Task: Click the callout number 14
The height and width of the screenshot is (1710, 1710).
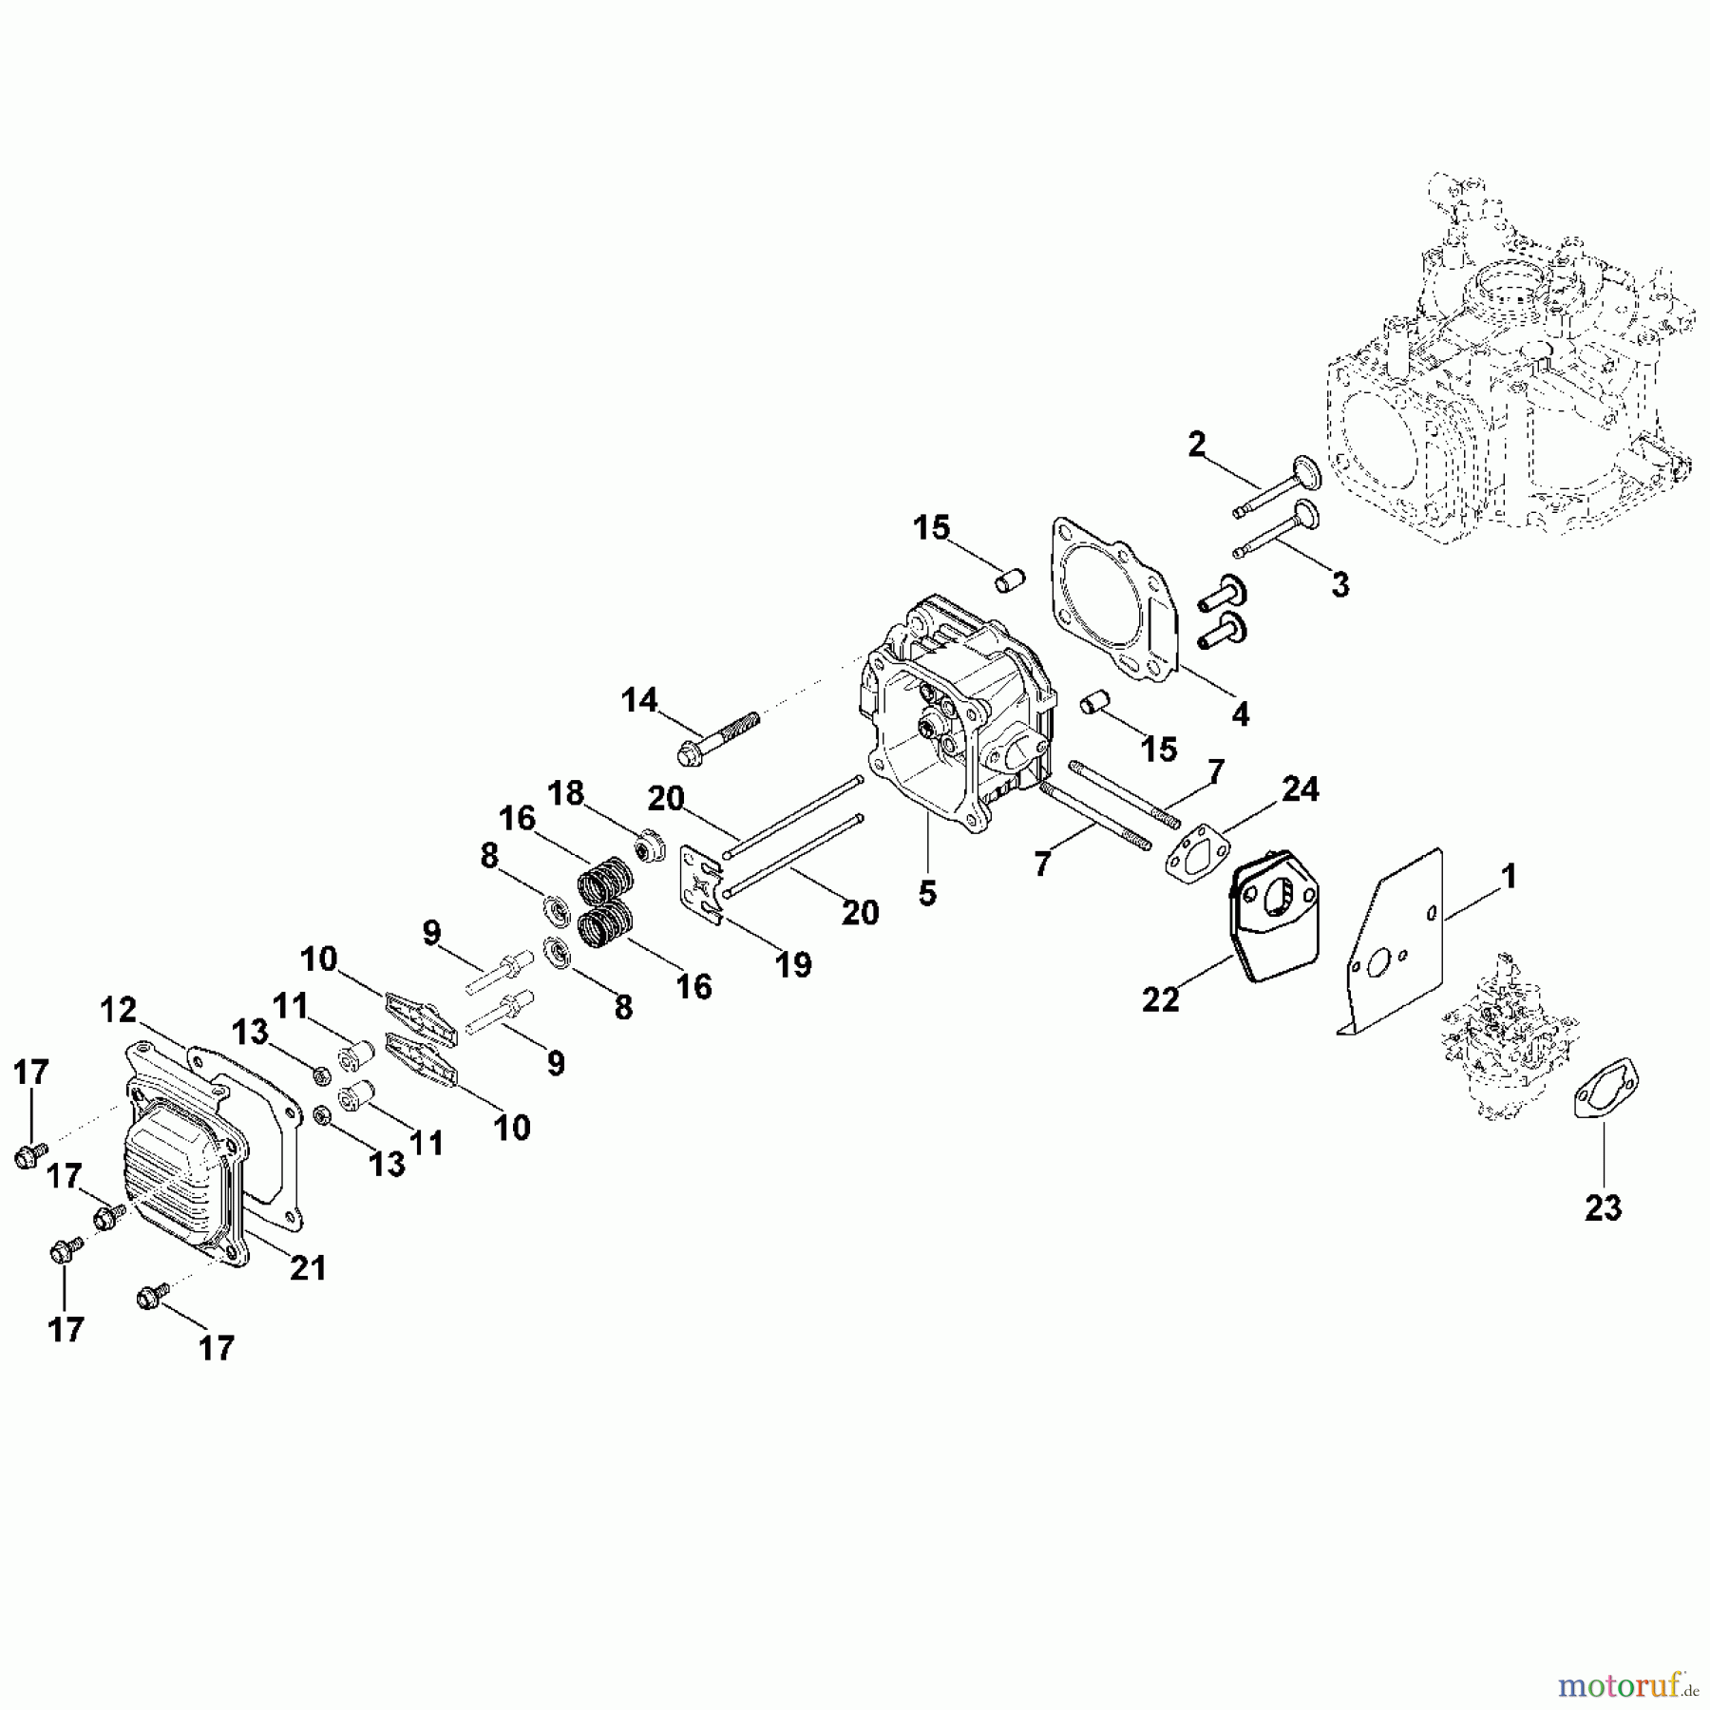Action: [x=639, y=701]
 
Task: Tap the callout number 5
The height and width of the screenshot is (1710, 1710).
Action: [x=927, y=893]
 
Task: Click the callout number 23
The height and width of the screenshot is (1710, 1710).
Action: [x=1603, y=1208]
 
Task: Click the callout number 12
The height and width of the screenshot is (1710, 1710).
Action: [x=119, y=1010]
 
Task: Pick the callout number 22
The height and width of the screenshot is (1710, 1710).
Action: [x=1160, y=998]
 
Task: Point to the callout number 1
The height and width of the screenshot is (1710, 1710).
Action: [x=1509, y=876]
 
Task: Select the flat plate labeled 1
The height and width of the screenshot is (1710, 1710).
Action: [x=1396, y=950]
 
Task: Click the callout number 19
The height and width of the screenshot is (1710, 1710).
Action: [x=793, y=964]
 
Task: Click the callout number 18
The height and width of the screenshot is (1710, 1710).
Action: [x=567, y=793]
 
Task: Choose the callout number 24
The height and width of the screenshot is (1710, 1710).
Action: [x=1300, y=788]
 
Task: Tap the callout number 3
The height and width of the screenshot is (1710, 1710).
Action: [x=1339, y=584]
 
